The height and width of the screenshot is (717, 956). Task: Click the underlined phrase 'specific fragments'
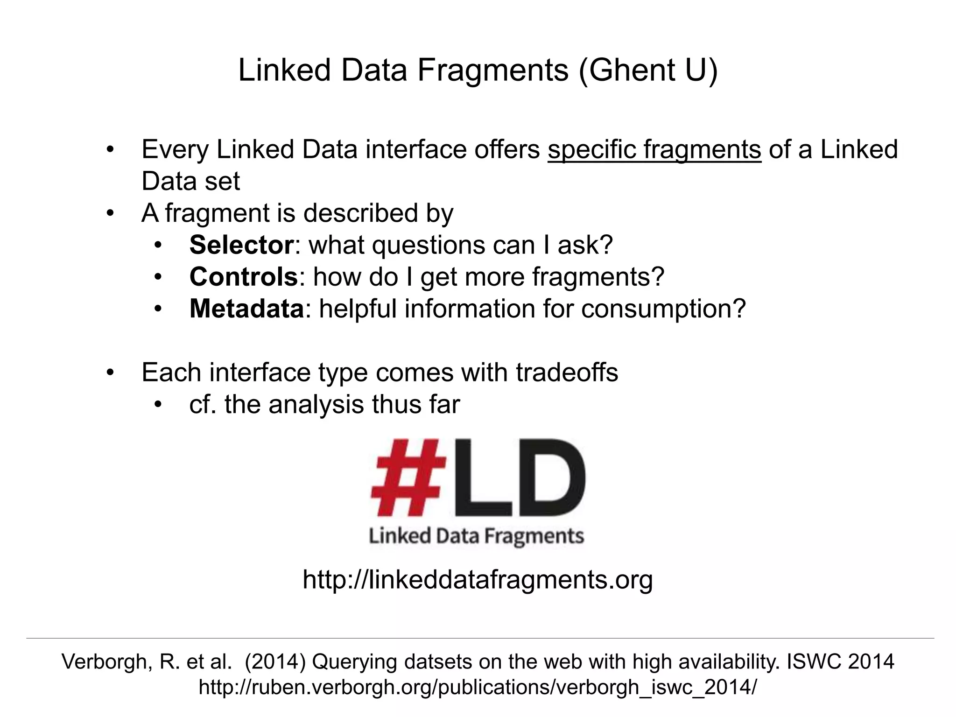(654, 150)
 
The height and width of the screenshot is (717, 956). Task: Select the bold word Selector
(241, 245)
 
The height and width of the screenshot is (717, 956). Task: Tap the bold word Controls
(243, 277)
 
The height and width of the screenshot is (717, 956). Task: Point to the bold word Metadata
(246, 309)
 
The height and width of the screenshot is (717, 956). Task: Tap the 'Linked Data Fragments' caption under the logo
(476, 536)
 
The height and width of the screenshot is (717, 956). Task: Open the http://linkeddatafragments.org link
(478, 579)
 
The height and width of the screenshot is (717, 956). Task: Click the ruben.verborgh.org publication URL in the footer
(478, 687)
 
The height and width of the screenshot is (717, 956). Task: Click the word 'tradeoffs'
(567, 373)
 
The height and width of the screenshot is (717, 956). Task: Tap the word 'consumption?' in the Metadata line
(663, 309)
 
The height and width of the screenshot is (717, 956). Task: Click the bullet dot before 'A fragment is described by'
(110, 214)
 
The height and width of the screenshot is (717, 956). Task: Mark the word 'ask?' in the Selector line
(585, 245)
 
